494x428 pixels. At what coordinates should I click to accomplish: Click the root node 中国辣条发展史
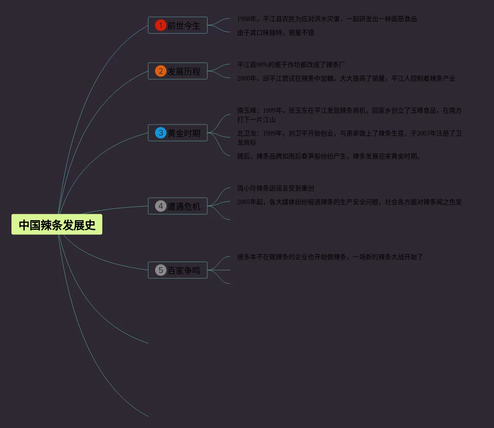tap(57, 225)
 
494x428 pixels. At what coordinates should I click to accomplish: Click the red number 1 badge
tap(160, 25)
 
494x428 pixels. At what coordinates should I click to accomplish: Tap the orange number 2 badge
tap(160, 71)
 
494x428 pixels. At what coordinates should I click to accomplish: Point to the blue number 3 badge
tap(160, 133)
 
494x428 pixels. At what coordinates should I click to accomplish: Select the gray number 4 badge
tap(160, 206)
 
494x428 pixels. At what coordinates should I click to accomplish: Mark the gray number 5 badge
tap(160, 270)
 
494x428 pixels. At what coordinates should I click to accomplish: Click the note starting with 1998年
tap(327, 19)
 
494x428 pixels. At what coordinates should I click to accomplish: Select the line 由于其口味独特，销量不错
tap(275, 33)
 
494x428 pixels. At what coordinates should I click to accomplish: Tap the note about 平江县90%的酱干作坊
tap(291, 65)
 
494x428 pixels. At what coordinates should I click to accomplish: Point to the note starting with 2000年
tap(346, 79)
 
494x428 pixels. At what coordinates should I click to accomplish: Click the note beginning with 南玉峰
tap(349, 115)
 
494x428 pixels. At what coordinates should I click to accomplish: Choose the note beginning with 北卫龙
tap(349, 138)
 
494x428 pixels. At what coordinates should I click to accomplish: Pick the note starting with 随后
tap(328, 157)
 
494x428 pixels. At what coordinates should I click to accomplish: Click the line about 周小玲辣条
tap(275, 189)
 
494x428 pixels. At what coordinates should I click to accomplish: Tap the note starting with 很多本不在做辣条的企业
tap(330, 257)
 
